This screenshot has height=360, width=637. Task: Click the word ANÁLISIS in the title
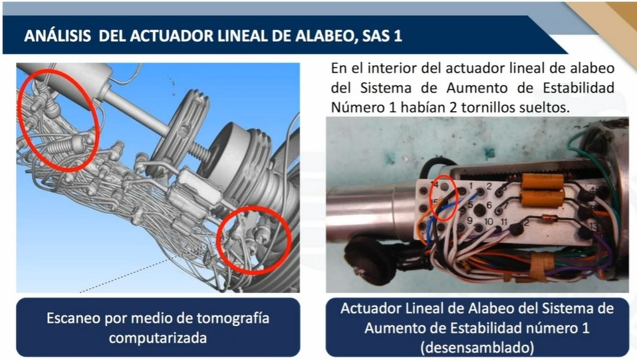point(57,35)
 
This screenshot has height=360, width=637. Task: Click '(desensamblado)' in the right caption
point(477,348)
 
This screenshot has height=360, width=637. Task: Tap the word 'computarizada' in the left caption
point(158,338)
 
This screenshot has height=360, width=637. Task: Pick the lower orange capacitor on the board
point(543,198)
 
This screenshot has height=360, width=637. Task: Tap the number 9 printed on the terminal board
point(469,220)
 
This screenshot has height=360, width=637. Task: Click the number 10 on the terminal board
point(488,222)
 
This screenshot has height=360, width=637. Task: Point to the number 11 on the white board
point(504,222)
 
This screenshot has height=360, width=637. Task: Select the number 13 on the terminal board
point(594,226)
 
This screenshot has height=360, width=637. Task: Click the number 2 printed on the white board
point(489,186)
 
